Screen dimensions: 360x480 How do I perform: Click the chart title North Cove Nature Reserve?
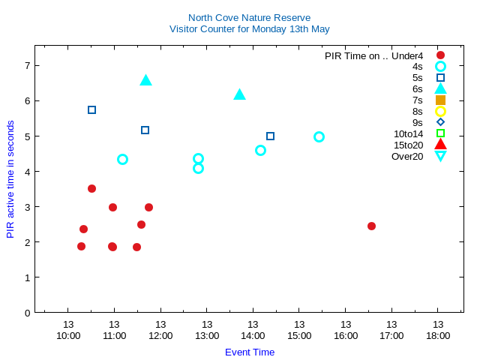(x=249, y=17)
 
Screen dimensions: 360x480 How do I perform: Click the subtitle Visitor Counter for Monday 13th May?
(x=249, y=29)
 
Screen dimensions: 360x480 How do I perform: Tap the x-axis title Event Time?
(x=250, y=352)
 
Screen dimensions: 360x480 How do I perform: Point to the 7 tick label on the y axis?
(x=27, y=65)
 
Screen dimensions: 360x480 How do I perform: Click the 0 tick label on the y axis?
(x=27, y=313)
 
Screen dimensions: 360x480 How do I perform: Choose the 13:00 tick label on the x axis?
(x=206, y=335)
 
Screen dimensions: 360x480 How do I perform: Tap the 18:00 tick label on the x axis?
(x=438, y=335)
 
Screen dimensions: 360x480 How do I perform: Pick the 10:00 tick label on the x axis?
(x=67, y=335)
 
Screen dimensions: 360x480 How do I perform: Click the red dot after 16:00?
(x=371, y=226)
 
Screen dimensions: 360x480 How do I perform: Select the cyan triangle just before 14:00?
(x=239, y=94)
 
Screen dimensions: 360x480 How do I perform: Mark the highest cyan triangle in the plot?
(x=145, y=79)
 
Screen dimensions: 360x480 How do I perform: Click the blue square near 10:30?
(x=91, y=109)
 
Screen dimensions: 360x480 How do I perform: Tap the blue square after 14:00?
(x=270, y=136)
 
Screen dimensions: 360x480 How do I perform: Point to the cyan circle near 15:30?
(x=319, y=136)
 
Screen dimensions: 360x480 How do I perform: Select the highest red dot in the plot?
(x=91, y=188)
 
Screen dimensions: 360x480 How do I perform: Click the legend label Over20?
(x=407, y=156)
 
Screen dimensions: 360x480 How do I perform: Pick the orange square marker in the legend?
(x=440, y=100)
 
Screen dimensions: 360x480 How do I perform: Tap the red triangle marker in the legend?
(x=440, y=144)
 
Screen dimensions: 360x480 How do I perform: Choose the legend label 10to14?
(x=408, y=133)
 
